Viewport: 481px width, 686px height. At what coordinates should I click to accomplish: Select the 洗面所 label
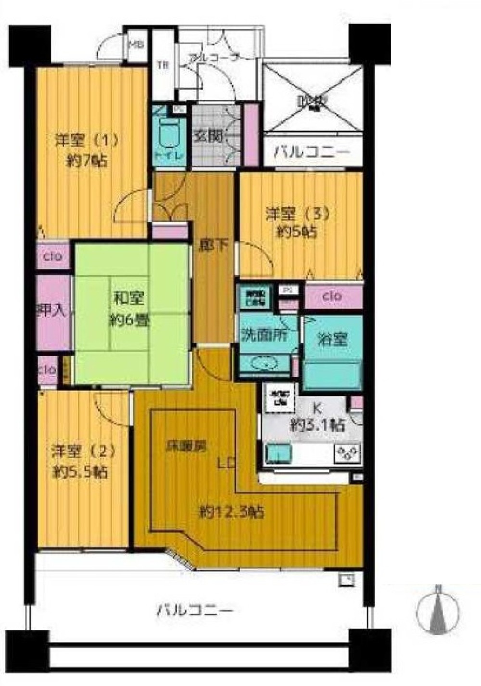[x=265, y=335]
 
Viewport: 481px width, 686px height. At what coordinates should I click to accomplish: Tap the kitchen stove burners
[x=347, y=453]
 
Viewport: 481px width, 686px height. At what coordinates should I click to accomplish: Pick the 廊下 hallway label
[x=214, y=246]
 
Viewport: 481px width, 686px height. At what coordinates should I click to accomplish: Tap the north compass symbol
[x=438, y=610]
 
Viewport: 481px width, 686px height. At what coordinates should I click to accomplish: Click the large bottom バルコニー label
[x=195, y=611]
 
